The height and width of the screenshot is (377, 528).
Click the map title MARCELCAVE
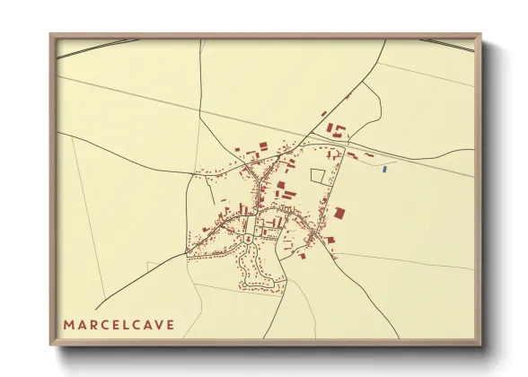(119, 323)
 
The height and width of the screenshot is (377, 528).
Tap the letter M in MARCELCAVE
(68, 323)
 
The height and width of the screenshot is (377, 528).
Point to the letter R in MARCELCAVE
(92, 323)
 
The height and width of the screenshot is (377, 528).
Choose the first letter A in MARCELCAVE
(81, 323)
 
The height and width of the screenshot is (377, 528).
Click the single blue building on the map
(385, 168)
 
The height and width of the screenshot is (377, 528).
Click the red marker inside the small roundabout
(246, 241)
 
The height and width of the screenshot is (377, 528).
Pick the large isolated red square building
(339, 213)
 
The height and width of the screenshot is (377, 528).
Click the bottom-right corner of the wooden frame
(480, 345)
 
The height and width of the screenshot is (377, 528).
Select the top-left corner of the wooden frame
(50, 34)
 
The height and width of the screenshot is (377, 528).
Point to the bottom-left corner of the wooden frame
(50, 345)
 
